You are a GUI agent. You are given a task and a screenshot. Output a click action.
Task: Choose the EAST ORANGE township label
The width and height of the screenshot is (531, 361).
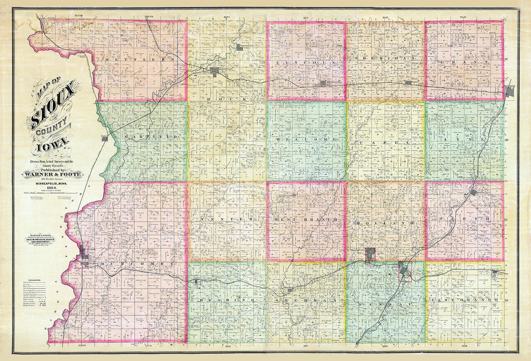point(465,300)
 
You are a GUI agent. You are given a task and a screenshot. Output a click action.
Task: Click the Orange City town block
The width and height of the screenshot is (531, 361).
point(370,254)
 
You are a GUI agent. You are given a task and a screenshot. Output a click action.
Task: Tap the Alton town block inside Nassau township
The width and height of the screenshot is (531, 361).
point(405,271)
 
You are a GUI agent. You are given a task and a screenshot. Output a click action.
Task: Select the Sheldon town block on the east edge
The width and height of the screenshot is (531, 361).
point(510,91)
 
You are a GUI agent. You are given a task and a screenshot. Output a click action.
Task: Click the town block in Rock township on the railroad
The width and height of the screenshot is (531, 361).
point(215,72)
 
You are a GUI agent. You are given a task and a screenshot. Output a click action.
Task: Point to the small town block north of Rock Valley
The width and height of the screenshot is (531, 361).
point(239,47)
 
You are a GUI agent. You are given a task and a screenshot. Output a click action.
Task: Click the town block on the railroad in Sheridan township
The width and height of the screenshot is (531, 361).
point(408,82)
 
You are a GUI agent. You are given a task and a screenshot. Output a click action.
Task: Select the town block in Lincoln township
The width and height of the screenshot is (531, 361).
point(323,83)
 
